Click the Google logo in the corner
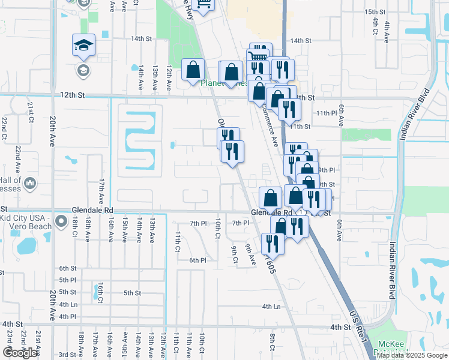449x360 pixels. click(x=20, y=353)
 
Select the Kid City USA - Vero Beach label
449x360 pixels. click(x=26, y=221)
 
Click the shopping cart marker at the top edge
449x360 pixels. click(x=204, y=5)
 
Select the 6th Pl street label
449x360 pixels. click(x=198, y=260)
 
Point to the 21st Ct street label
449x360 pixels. click(x=30, y=113)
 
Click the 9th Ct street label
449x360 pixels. click(x=234, y=252)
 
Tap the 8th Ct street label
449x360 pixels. click(x=273, y=342)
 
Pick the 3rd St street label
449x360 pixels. click(x=67, y=355)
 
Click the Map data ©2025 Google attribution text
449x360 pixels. click(x=411, y=355)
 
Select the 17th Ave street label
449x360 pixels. click(x=102, y=189)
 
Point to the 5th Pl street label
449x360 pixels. click(x=68, y=280)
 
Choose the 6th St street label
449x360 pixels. click(x=68, y=268)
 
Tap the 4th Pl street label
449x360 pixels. click(x=68, y=316)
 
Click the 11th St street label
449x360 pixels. click(x=300, y=127)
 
